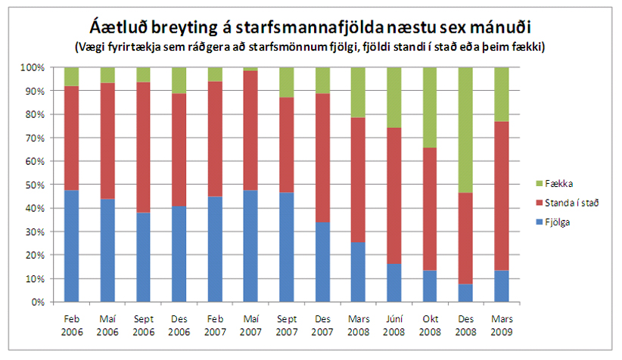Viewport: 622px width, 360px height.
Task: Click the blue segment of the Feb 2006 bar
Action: pyautogui.click(x=72, y=246)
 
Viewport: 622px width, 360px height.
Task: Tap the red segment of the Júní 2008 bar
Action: pyautogui.click(x=393, y=196)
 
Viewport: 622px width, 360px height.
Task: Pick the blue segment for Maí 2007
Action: pyautogui.click(x=250, y=246)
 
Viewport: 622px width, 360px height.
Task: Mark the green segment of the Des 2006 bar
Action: pyautogui.click(x=179, y=80)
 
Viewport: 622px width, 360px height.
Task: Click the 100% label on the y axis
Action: pyautogui.click(x=34, y=67)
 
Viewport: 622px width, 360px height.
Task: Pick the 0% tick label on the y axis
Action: pyautogui.click(x=39, y=303)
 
